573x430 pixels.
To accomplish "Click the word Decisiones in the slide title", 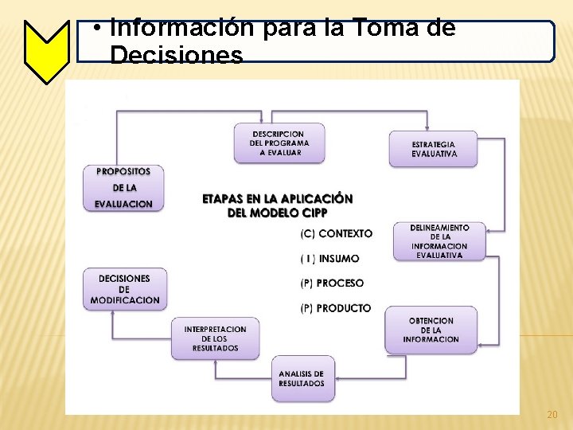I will [x=177, y=56].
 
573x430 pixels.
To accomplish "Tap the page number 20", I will [x=552, y=415].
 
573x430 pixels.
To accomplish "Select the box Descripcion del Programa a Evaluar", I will [x=279, y=143].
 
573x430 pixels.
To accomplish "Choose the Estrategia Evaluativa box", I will [x=433, y=149].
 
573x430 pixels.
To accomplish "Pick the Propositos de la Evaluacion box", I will [x=123, y=188].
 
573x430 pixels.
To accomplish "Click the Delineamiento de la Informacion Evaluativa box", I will [x=439, y=241].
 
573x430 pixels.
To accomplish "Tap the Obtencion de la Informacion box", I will [x=431, y=330].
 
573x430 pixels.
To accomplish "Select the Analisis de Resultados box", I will [x=302, y=378].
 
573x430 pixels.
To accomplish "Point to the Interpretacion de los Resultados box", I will [x=215, y=338].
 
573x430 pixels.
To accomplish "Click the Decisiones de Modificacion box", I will [x=123, y=289].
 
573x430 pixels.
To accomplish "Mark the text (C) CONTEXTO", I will [x=336, y=233].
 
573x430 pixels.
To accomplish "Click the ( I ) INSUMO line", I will [x=329, y=259].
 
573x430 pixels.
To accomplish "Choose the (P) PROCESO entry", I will [x=332, y=283].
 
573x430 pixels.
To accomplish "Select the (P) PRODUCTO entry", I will [x=335, y=308].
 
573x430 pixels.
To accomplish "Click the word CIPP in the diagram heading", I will [x=311, y=213].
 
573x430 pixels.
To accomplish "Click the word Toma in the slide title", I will [x=382, y=29].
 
